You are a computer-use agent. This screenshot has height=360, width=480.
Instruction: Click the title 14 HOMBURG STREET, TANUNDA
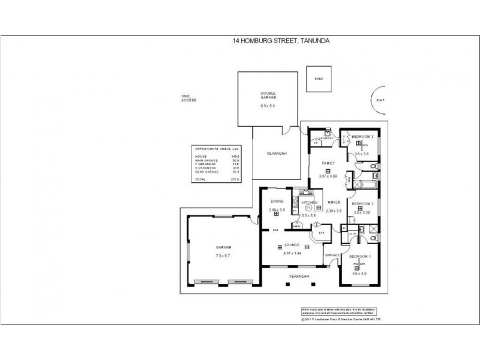281,41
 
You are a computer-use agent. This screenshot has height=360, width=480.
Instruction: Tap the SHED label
319,79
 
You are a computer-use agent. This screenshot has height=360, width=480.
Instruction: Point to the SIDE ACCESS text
189,98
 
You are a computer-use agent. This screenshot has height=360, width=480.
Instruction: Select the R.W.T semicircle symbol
379,101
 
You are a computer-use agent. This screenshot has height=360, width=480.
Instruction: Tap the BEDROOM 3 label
362,137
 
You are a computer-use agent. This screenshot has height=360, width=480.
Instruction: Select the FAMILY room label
328,163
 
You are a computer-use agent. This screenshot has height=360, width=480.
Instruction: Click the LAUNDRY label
326,138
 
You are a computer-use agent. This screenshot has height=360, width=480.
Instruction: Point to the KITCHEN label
308,203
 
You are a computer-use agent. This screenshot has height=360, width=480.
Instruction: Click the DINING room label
276,202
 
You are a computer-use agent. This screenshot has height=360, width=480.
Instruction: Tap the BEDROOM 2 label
362,203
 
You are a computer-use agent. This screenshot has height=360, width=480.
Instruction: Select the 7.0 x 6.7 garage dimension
223,256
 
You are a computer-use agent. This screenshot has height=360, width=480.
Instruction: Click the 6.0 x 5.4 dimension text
268,106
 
